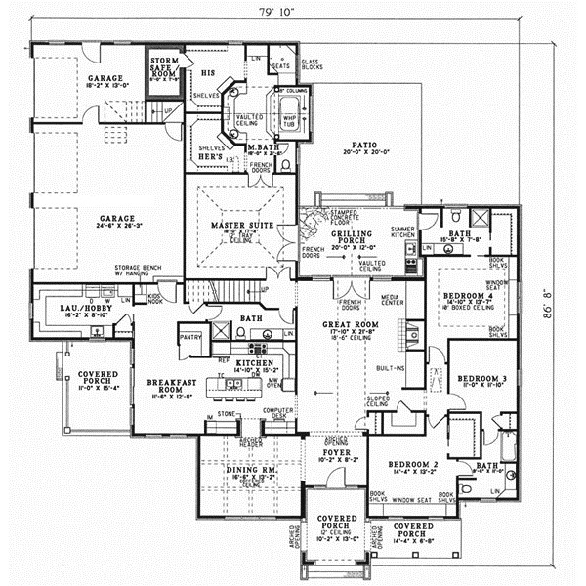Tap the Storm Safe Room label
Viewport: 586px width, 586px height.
[163, 65]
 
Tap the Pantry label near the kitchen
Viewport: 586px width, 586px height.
[189, 338]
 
